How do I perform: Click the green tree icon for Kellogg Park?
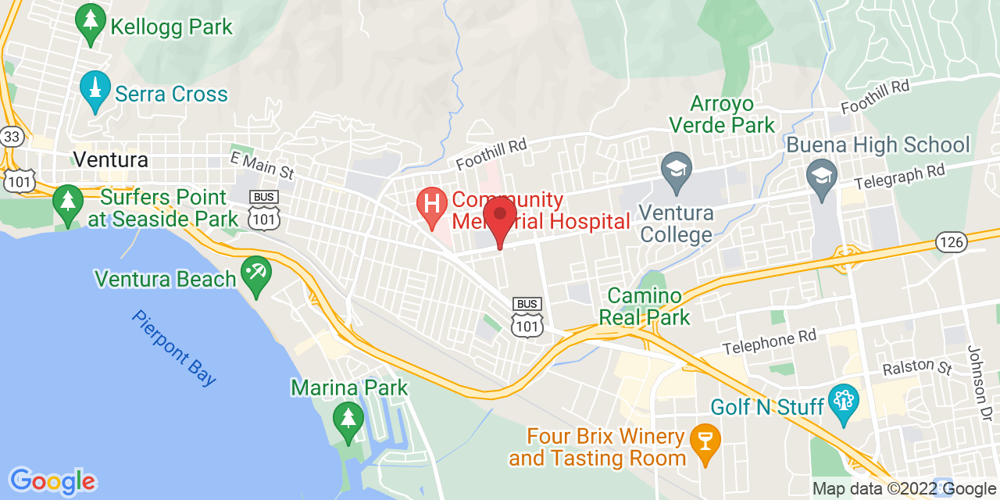coord(91,23)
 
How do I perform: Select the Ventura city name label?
coord(110,160)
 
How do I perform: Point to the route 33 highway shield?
coord(12,137)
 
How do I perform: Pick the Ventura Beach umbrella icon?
coord(255,273)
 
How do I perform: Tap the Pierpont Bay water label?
coord(173,348)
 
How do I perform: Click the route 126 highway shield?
coord(952,242)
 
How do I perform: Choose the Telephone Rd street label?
coord(769,341)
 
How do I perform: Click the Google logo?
coord(52,481)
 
